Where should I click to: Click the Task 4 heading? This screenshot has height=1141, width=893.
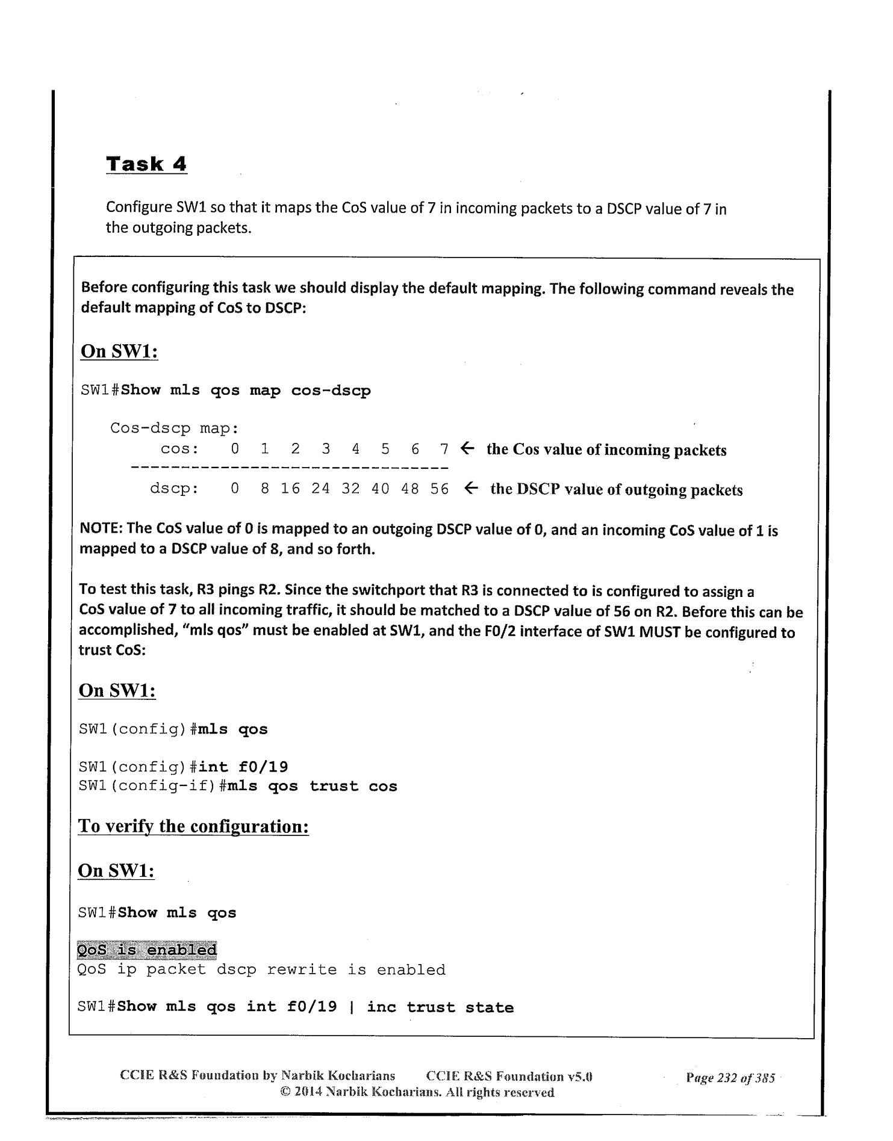pos(146,164)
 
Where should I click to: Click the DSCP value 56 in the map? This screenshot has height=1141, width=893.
pos(440,489)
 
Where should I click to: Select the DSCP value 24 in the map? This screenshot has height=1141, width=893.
pos(320,489)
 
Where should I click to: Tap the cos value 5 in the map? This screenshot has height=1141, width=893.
pos(385,449)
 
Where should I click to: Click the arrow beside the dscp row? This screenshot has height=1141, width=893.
pos(471,489)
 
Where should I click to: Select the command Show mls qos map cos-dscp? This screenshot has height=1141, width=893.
pos(246,391)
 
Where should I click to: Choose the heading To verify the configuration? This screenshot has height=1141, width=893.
pos(193,826)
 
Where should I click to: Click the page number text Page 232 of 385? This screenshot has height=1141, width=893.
pos(730,1078)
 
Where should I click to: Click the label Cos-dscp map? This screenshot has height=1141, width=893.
pos(175,429)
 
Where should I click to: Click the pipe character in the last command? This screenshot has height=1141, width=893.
pos(352,1007)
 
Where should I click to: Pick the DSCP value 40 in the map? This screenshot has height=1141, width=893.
pos(380,489)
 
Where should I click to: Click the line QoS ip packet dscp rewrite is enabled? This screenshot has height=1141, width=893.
pos(262,970)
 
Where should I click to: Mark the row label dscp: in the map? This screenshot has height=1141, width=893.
pos(174,489)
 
